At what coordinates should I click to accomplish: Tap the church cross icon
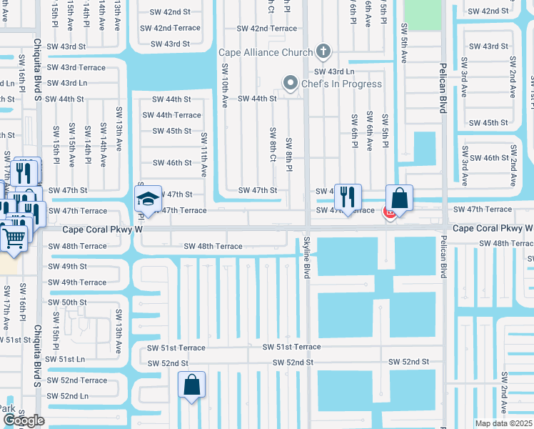(x=324, y=51)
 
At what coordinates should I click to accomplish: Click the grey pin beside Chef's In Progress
(x=290, y=84)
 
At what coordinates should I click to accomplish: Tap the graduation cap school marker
(x=148, y=198)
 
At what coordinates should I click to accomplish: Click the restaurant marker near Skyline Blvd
(x=348, y=197)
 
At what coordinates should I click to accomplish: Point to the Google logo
(x=24, y=420)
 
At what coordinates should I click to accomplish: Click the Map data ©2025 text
(x=503, y=423)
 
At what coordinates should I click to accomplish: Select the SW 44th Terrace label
(x=172, y=115)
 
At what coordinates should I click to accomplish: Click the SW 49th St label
(x=67, y=267)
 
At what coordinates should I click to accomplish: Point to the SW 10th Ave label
(x=224, y=86)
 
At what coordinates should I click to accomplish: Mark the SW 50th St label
(x=67, y=302)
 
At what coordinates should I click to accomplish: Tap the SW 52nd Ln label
(x=68, y=396)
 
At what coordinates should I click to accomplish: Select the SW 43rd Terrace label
(x=77, y=67)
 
